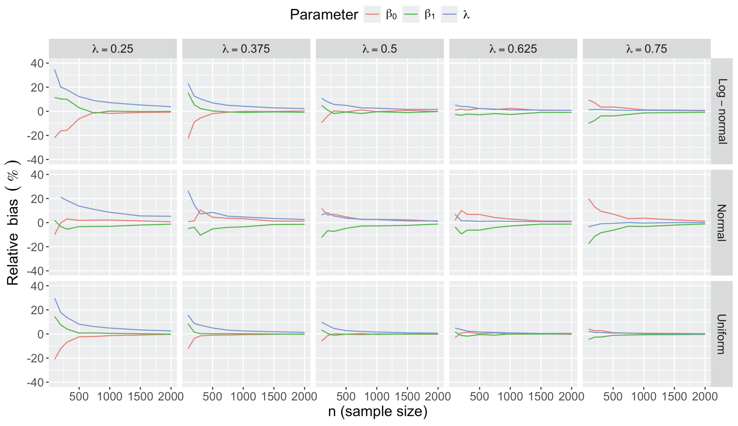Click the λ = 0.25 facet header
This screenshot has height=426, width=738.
pyautogui.click(x=113, y=49)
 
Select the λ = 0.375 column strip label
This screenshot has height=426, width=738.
pyautogui.click(x=246, y=49)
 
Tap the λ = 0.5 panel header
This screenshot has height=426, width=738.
pyautogui.click(x=379, y=49)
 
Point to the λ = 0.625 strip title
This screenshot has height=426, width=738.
pyautogui.click(x=513, y=49)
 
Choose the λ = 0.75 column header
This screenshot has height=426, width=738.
pyautogui.click(x=646, y=49)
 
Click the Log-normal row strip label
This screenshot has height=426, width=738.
pyautogui.click(x=722, y=111)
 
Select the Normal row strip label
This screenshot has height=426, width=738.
pyautogui.click(x=722, y=223)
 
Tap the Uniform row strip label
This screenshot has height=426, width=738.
pyautogui.click(x=722, y=334)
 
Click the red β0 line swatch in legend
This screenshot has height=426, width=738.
pyautogui.click(x=372, y=14)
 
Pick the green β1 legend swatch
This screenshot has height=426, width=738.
pyautogui.click(x=411, y=14)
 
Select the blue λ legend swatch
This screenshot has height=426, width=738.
pyautogui.click(x=449, y=14)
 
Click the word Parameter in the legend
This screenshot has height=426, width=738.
pyautogui.click(x=324, y=15)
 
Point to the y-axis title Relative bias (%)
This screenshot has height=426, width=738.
pyautogui.click(x=13, y=223)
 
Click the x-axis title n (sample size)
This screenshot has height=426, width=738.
pyautogui.click(x=378, y=411)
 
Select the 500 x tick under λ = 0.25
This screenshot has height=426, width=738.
pyautogui.click(x=79, y=397)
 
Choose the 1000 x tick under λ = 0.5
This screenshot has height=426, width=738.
pyautogui.click(x=377, y=397)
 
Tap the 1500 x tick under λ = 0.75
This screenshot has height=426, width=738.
pyautogui.click(x=674, y=397)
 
